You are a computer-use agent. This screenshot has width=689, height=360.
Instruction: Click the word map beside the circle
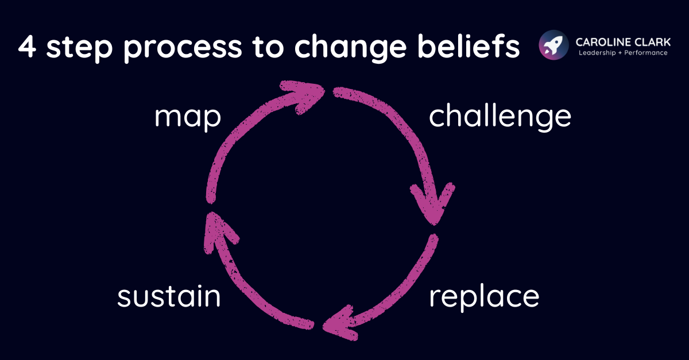(x=188, y=118)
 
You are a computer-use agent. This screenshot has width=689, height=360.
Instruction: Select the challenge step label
(x=500, y=117)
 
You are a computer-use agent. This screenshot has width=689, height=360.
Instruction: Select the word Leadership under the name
(x=595, y=53)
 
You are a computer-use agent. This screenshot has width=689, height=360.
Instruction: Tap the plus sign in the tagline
(x=620, y=53)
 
